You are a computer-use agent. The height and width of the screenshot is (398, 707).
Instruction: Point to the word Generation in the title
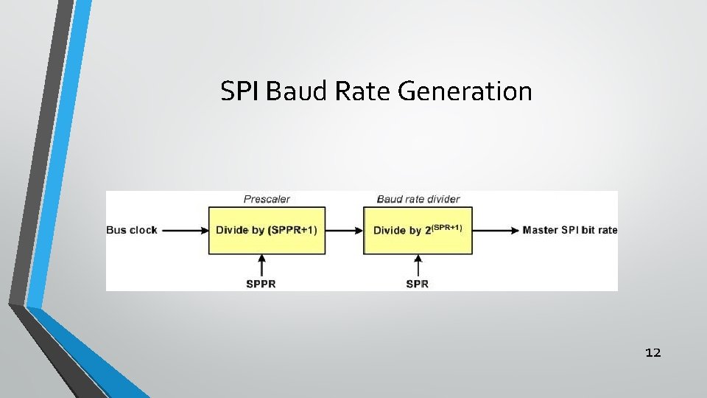click(x=464, y=91)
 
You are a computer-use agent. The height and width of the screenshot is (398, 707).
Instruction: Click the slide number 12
click(x=653, y=352)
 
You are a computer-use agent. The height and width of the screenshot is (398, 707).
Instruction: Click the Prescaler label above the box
click(x=267, y=199)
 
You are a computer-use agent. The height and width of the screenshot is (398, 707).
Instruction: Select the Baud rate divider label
click(x=418, y=199)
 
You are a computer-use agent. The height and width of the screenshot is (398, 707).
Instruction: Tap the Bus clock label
click(x=133, y=230)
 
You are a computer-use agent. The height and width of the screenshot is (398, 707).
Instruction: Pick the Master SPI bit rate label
click(x=569, y=230)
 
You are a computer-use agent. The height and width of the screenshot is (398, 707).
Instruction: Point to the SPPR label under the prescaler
click(x=261, y=283)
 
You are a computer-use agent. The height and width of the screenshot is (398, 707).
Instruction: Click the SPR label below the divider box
click(x=417, y=283)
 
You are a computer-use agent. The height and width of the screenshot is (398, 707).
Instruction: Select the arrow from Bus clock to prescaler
click(x=185, y=230)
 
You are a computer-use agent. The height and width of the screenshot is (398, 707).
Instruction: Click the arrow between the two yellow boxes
click(x=344, y=230)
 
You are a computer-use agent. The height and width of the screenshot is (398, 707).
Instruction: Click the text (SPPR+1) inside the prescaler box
click(x=293, y=230)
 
